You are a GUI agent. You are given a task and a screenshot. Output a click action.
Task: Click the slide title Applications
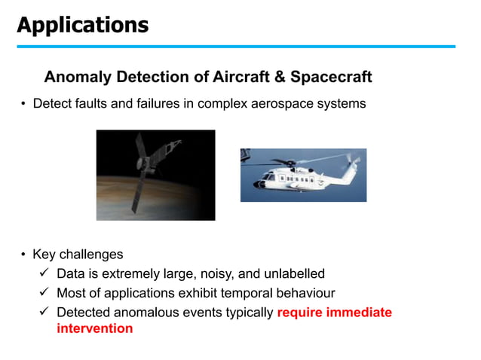tap(83, 25)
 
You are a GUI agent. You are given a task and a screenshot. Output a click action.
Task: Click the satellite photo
tap(155, 175)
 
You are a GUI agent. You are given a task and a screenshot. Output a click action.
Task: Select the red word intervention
tap(94, 328)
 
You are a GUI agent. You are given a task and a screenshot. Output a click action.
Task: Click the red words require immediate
tap(334, 312)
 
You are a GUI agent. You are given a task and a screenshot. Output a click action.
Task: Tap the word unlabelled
tap(293, 273)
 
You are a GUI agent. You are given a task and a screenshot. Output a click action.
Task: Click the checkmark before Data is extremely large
tap(44, 273)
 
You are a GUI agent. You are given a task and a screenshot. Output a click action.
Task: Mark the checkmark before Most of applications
tap(44, 292)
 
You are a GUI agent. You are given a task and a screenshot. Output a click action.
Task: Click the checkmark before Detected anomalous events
tap(44, 312)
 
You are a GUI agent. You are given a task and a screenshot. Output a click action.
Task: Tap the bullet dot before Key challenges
tap(23, 255)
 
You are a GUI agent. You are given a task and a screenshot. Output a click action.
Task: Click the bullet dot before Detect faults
tap(23, 104)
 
